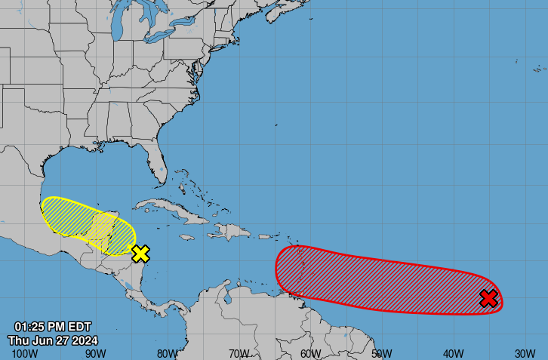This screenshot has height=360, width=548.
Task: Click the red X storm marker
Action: click(489, 299)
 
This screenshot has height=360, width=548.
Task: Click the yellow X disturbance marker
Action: click(140, 254)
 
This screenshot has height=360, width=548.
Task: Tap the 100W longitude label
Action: click(25, 353)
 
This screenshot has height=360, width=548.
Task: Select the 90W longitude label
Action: click(95, 353)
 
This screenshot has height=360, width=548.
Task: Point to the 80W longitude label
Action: click(167, 353)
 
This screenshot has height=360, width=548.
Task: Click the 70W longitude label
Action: click(239, 353)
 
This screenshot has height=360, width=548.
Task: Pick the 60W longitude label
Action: click(310, 353)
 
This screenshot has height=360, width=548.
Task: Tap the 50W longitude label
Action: click(381, 353)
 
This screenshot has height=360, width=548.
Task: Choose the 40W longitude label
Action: click(453, 353)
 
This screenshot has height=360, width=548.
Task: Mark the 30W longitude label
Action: click(525, 353)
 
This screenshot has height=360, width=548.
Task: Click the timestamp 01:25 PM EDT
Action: click(53, 327)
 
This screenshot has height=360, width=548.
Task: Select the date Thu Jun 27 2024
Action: click(53, 340)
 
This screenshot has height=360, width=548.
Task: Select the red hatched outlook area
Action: click(377, 279)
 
